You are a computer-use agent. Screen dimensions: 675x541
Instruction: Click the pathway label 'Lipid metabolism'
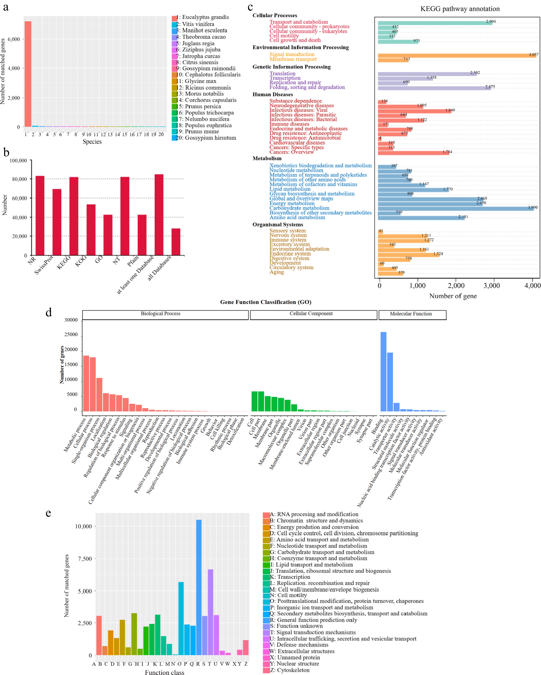(x=290, y=189)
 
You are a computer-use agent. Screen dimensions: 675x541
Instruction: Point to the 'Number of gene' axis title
(x=453, y=296)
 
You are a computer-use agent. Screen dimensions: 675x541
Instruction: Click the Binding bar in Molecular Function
(x=383, y=372)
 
